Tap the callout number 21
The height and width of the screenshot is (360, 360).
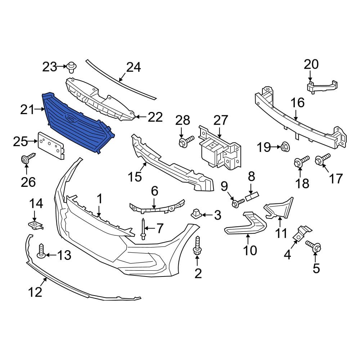pos(27,109)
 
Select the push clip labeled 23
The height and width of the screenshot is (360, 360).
pos(72,67)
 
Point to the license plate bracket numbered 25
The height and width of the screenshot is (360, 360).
pos(51,145)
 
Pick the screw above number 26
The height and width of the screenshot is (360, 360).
pos(27,158)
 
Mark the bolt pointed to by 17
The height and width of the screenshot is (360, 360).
pos(322,159)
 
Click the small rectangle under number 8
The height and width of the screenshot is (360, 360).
pos(252,197)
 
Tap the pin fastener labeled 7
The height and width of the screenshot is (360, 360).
pos(143,229)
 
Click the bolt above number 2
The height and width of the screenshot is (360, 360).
pos(197,246)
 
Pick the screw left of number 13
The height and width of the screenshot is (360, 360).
pos(41,251)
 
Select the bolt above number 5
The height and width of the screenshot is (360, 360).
pos(313,246)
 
